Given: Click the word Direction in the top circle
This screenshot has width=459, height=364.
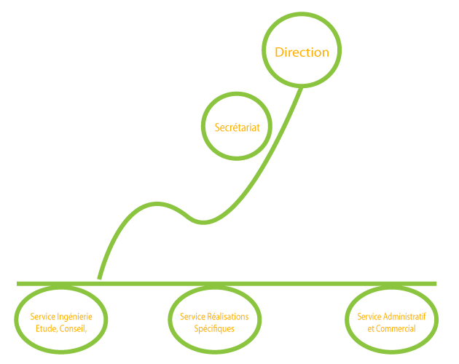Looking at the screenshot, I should click(302, 52).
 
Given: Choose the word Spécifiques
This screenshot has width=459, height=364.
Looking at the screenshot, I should click(214, 328).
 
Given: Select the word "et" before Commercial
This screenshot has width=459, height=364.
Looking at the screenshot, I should click(371, 328).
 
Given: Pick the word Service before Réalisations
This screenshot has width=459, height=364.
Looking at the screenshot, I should click(192, 317).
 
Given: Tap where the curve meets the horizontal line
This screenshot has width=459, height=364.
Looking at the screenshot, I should click(99, 281).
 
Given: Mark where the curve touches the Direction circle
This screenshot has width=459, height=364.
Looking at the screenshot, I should click(300, 86).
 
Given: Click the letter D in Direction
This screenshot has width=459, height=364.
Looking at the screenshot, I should click(278, 52).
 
